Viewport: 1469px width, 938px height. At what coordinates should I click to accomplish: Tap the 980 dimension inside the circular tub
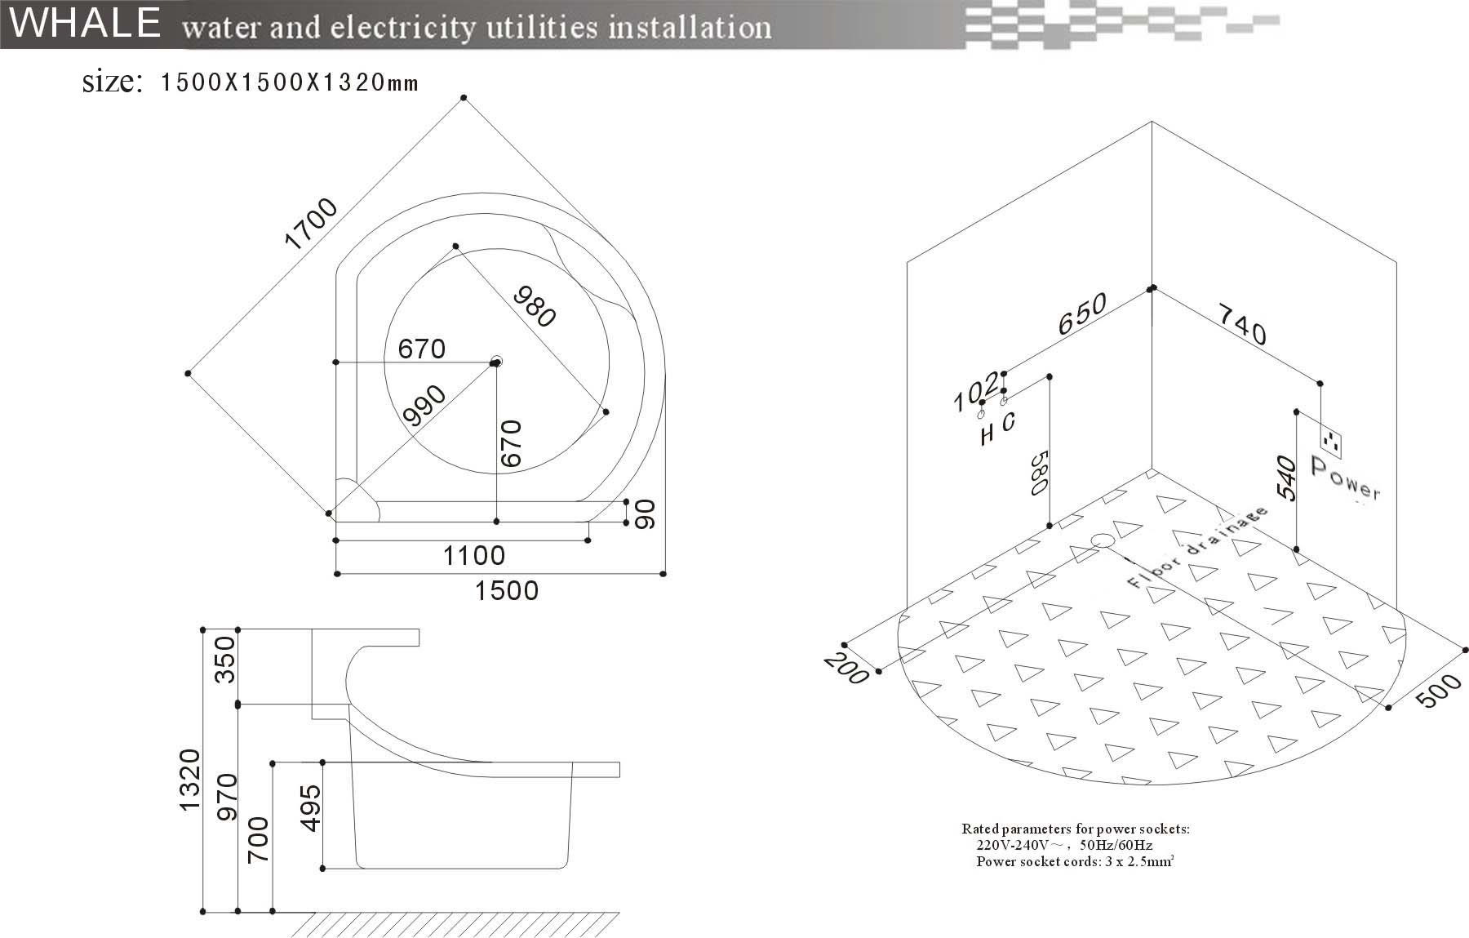[x=535, y=305]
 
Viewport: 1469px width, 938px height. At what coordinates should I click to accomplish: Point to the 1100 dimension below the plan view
[x=473, y=556]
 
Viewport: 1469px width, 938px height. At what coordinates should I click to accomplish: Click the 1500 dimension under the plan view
[x=506, y=590]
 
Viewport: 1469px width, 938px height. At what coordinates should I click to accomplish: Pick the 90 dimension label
[x=645, y=513]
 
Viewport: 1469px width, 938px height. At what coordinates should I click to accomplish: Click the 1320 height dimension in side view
[x=189, y=779]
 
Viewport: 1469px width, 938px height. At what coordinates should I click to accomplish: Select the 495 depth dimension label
[x=311, y=808]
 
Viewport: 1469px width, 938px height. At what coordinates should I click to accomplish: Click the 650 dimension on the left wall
[x=1083, y=313]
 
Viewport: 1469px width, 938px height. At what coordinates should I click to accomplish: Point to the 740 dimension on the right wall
[x=1242, y=324]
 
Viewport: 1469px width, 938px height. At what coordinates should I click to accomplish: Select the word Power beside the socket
[x=1345, y=479]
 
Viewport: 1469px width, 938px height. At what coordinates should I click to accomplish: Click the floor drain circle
[x=1103, y=540]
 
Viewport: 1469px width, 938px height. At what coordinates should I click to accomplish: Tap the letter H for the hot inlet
[x=987, y=435]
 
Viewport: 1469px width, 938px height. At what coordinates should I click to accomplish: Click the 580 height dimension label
[x=1037, y=473]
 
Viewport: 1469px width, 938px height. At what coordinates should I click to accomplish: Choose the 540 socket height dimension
[x=1285, y=478]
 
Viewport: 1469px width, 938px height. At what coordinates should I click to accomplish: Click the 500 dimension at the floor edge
[x=1438, y=691]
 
